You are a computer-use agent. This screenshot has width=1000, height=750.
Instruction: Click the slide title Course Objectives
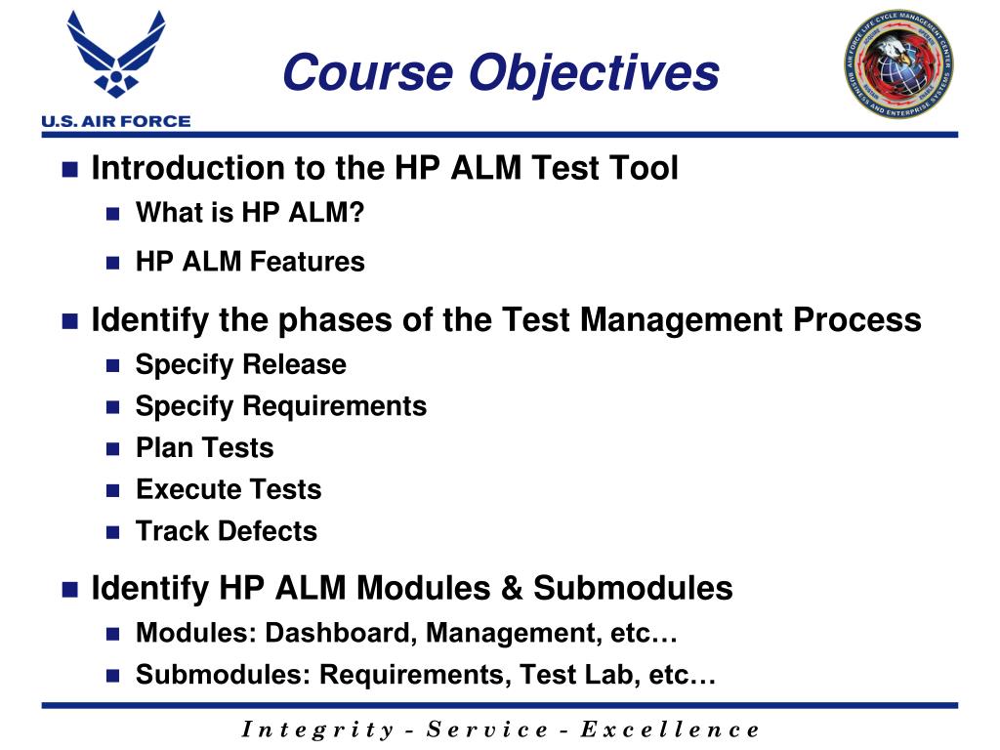click(x=500, y=73)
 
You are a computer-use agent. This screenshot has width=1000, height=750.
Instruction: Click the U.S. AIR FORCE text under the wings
click(x=115, y=122)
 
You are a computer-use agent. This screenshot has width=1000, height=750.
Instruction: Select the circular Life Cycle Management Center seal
click(x=898, y=66)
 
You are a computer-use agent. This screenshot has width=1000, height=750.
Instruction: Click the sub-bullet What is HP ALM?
click(x=249, y=212)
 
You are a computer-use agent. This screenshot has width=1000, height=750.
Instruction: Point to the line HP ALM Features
click(x=250, y=262)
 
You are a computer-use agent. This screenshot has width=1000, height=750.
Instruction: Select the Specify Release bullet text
click(x=240, y=364)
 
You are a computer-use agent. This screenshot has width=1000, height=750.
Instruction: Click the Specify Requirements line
click(x=280, y=406)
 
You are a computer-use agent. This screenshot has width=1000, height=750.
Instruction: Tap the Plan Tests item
click(x=204, y=448)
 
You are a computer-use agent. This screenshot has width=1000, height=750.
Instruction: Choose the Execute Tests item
click(x=229, y=489)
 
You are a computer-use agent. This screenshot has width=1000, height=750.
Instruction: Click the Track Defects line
click(x=226, y=531)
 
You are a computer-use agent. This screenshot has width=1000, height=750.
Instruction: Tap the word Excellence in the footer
click(x=669, y=729)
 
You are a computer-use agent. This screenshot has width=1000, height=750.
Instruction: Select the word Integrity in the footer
click(x=316, y=729)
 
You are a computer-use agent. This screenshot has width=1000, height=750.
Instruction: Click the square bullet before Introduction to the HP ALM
click(x=69, y=170)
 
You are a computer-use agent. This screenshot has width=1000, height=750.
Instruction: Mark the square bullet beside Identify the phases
click(x=69, y=321)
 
